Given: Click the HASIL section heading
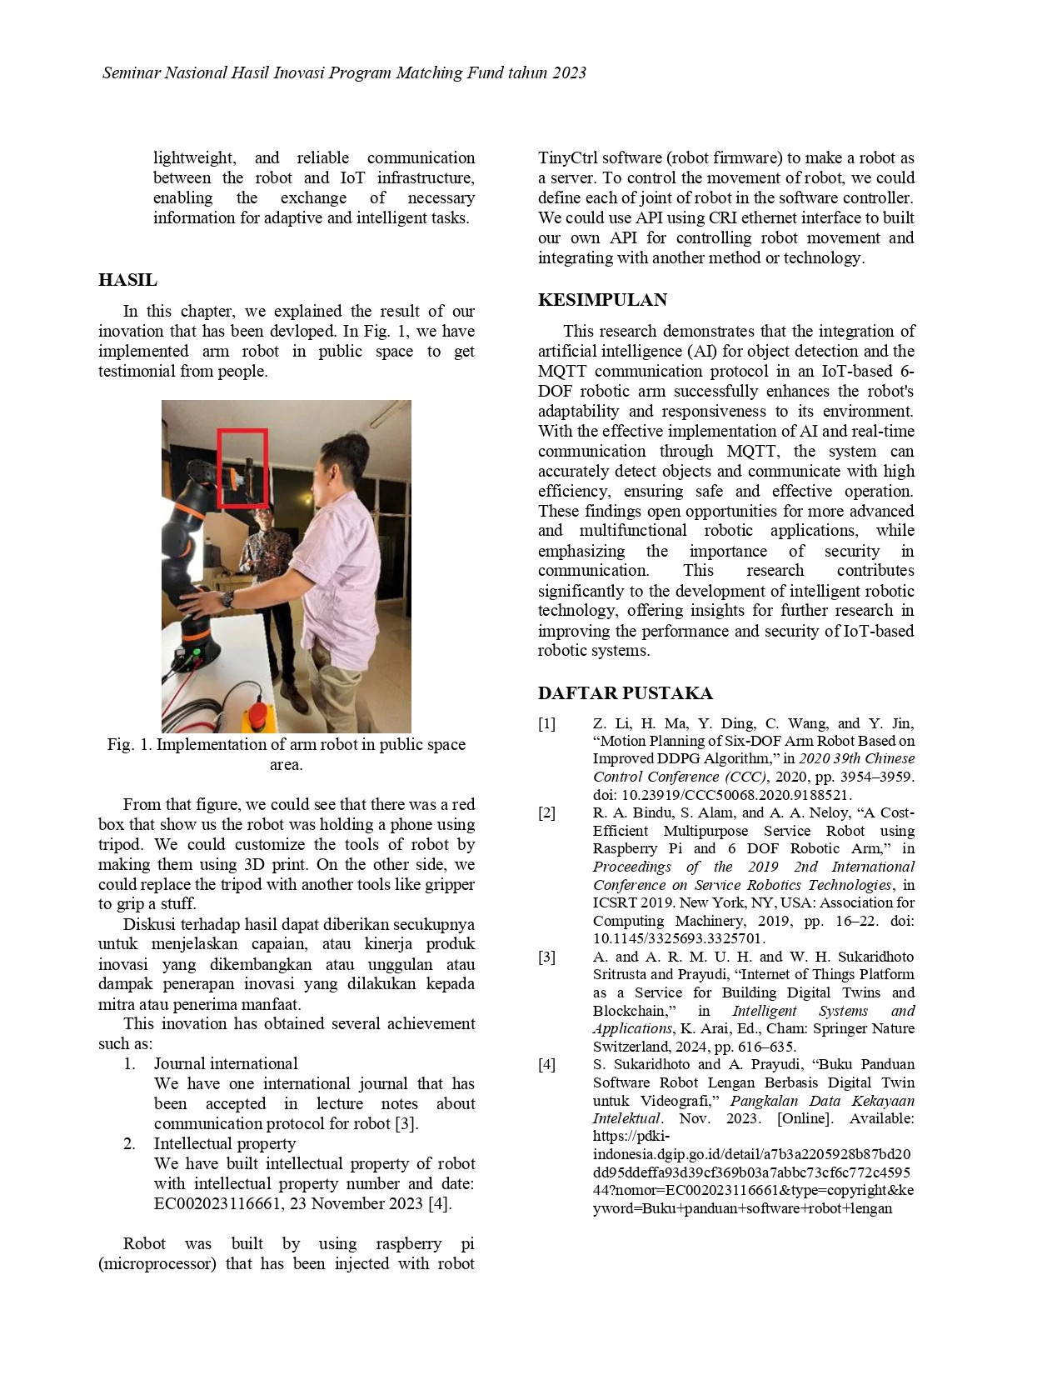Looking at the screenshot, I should coord(127,280).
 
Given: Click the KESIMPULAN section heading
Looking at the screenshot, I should coord(602,300).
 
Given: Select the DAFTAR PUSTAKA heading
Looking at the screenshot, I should coord(625,693).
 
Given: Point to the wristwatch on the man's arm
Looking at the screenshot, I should coord(227,598).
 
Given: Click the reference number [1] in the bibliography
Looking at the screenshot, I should coord(546,723).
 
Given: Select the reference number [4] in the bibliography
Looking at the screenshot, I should coord(546,1064).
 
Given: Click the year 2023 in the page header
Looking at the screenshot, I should coord(568,72).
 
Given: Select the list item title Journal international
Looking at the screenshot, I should coord(225,1063).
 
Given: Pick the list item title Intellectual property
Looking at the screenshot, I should coord(224,1143).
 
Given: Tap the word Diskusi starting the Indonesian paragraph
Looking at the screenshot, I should coord(148,924).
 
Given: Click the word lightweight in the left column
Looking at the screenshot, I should coord(193,157).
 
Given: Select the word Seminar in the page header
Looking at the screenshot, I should coord(131,72).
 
